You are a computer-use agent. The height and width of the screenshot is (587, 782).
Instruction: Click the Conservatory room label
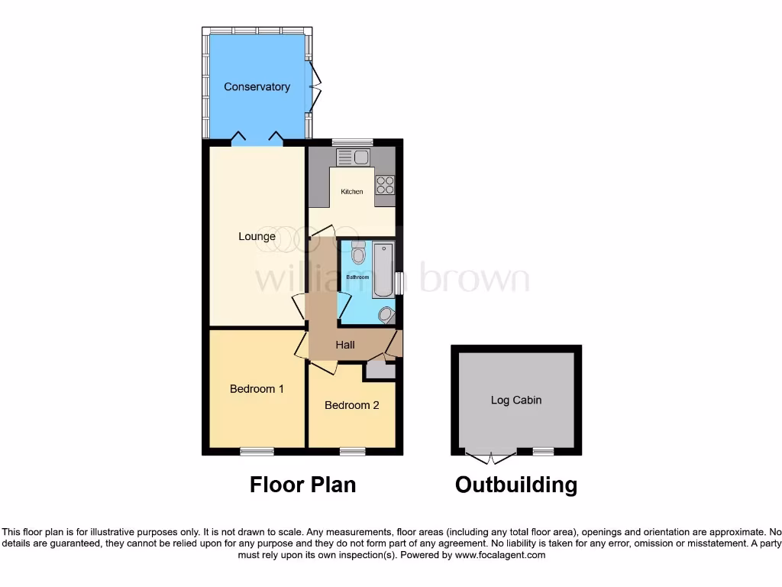pos(257,87)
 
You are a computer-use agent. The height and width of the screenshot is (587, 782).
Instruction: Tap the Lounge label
pos(257,237)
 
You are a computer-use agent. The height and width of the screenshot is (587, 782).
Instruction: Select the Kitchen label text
pos(352,192)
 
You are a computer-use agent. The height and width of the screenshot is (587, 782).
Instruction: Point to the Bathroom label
pos(357,277)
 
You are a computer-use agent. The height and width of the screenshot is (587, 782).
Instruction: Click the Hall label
pos(345,345)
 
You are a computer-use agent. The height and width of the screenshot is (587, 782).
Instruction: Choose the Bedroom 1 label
pos(257,389)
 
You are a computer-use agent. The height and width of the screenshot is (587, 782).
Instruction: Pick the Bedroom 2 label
pos(351,406)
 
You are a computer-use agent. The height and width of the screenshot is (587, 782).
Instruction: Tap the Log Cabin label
pos(516,400)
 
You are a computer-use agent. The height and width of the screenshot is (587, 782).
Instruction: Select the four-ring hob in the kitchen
pos(385,184)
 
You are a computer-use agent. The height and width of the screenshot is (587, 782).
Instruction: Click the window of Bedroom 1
pos(257,452)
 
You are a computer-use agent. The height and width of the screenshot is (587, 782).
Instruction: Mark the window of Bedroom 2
pos(352,452)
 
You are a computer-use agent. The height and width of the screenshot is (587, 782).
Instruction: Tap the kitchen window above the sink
pos(352,142)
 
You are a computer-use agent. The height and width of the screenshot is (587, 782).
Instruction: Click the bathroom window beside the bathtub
pos(399,283)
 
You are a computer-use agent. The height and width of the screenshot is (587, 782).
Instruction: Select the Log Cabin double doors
pos(490,456)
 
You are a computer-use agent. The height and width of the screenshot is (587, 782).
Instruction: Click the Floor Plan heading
pos(302,485)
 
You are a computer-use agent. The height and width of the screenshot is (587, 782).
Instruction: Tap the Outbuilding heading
pos(516,485)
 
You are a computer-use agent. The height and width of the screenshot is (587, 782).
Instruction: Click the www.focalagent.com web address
pos(499,556)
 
